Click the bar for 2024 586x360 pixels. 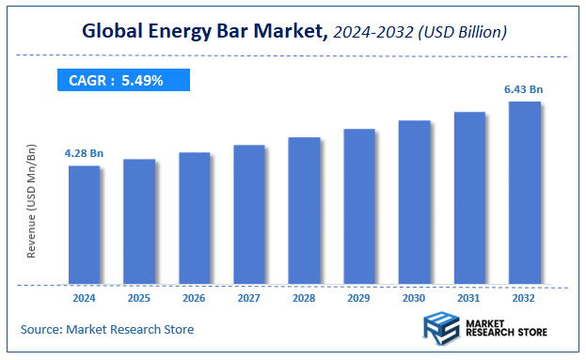(x=84, y=225)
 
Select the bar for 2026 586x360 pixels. (x=194, y=218)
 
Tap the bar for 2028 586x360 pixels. (x=304, y=211)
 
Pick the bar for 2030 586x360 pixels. (x=414, y=202)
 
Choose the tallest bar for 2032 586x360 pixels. (x=524, y=193)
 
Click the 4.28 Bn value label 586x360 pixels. (x=83, y=152)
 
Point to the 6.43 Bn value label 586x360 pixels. (x=524, y=88)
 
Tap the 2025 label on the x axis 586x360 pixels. (x=139, y=298)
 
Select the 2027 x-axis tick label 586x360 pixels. (x=249, y=298)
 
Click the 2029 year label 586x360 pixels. (x=359, y=298)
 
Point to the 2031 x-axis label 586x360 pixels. (x=469, y=298)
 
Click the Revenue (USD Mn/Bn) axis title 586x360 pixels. (x=32, y=202)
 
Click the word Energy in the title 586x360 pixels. (x=177, y=32)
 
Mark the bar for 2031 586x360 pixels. (x=469, y=197)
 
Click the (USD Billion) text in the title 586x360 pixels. (x=464, y=33)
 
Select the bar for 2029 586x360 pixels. (x=359, y=206)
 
